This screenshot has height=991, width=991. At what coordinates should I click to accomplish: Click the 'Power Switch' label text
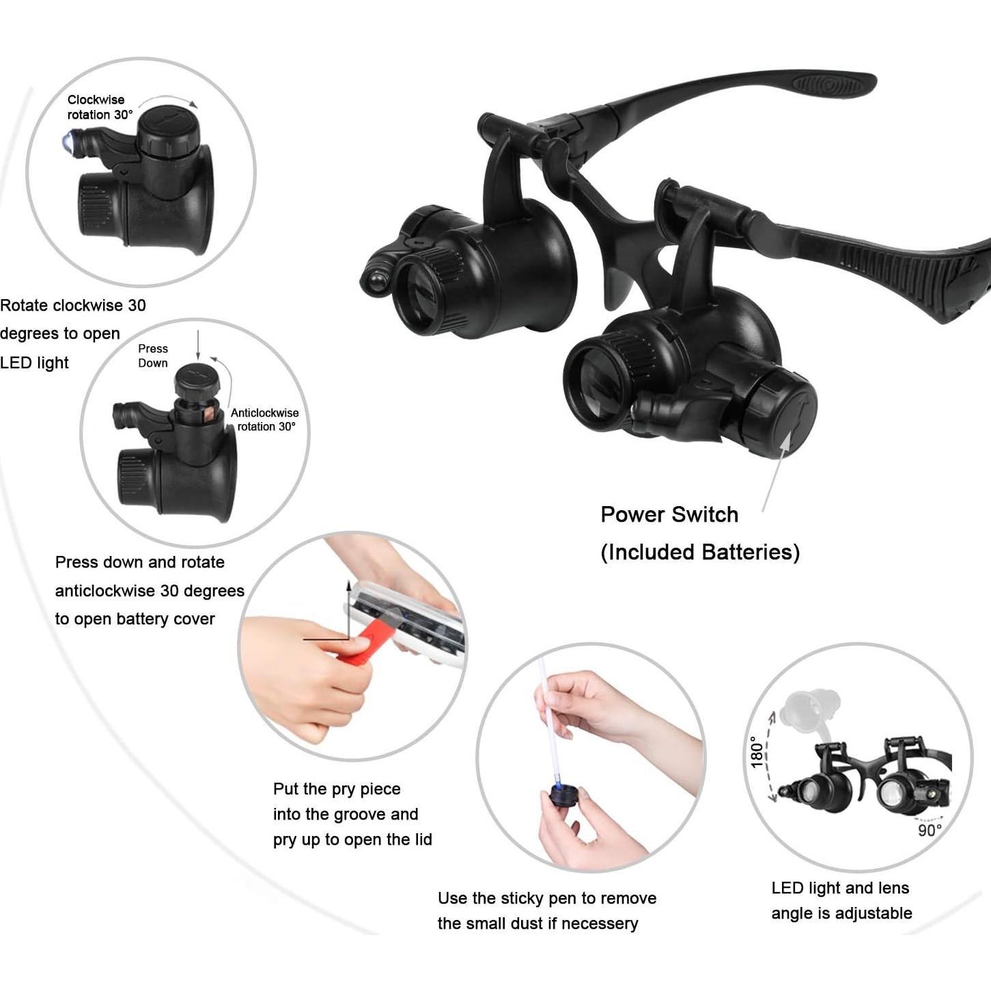point(669,514)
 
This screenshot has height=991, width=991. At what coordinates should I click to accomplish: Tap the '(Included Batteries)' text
point(700,552)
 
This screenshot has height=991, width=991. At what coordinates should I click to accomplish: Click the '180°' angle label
point(757,752)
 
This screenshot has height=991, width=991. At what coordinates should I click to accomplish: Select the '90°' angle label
point(930,831)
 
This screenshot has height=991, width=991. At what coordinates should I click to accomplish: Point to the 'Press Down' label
point(153,356)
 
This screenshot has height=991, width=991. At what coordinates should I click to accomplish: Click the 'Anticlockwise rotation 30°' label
point(265,419)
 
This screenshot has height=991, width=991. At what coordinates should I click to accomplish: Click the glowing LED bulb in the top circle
point(69,143)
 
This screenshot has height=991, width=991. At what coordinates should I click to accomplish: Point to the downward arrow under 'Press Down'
point(198,345)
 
